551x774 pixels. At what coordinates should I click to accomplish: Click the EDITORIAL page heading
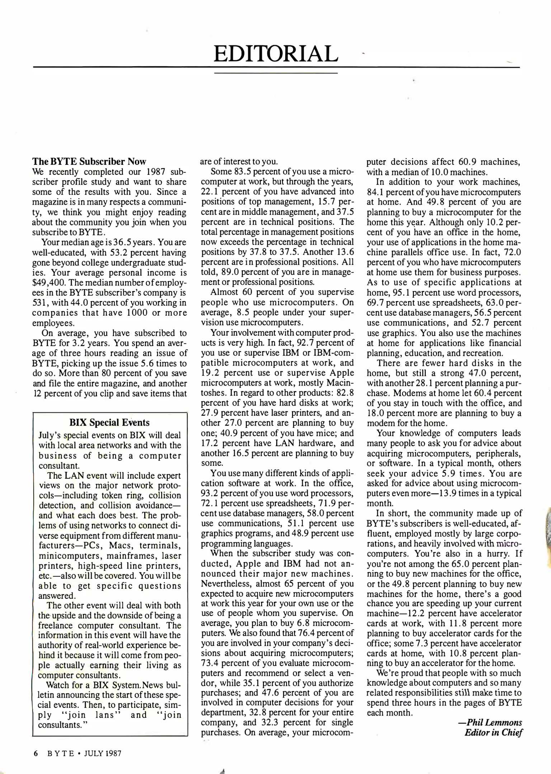point(275,53)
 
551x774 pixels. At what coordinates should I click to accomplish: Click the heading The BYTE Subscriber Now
point(89,161)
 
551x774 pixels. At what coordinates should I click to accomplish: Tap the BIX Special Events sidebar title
point(109,422)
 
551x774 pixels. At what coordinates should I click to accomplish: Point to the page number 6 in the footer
point(36,753)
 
